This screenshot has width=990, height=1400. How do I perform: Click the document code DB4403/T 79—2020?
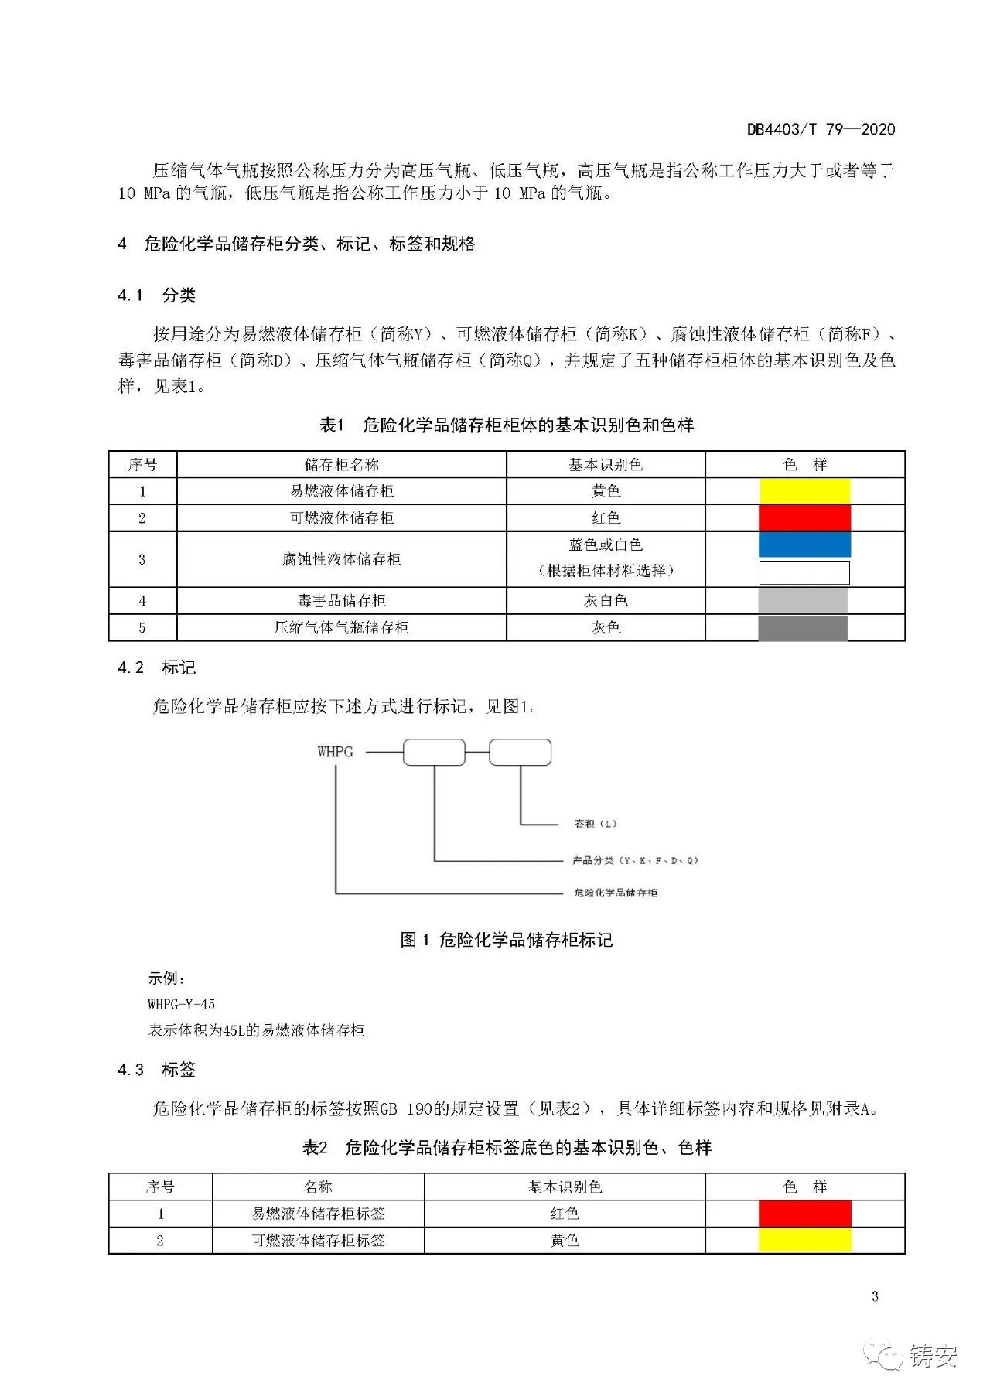(821, 129)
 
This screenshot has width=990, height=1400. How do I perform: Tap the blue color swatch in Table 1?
(804, 545)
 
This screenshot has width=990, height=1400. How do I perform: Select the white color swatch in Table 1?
(804, 572)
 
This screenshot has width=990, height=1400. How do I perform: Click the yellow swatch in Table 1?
(804, 491)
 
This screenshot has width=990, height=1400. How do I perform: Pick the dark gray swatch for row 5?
(802, 628)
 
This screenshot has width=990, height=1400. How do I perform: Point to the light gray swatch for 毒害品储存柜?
(802, 601)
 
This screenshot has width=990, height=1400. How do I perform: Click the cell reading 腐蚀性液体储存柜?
(341, 559)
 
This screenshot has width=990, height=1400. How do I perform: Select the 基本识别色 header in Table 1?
(606, 465)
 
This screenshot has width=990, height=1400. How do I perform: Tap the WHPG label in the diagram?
(335, 752)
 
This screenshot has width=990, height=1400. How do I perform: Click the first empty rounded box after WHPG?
(434, 753)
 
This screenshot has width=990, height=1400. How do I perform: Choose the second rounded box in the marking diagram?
(520, 753)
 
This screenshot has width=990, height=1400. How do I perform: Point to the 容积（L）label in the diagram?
(596, 824)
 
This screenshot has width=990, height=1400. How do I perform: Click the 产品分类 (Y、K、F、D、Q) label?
(635, 860)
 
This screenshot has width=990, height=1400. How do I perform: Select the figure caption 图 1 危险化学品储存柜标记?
(507, 940)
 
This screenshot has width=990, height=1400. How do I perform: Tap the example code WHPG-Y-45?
(181, 1005)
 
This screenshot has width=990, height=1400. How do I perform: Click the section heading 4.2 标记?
(156, 668)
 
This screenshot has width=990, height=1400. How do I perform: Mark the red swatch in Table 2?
(804, 1214)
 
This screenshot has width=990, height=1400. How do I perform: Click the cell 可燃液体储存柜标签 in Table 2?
(318, 1241)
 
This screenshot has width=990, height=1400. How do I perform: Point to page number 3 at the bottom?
(875, 1297)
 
